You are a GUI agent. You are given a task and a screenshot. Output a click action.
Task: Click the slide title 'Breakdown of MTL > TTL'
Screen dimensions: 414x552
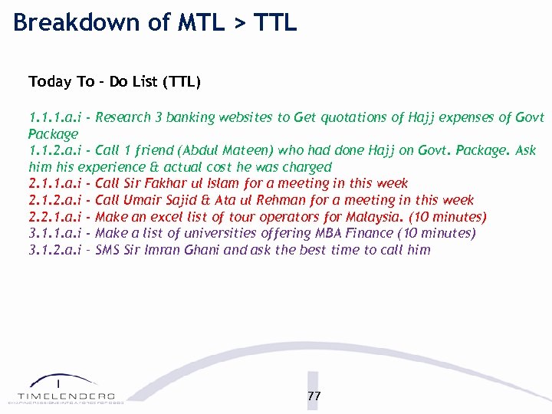tap(155, 23)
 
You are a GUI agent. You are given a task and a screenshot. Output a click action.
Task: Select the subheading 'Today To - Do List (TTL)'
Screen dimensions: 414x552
tap(114, 81)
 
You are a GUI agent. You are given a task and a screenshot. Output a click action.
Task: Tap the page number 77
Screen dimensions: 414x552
tap(314, 396)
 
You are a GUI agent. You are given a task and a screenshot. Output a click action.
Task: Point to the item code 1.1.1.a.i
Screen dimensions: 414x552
tap(55, 117)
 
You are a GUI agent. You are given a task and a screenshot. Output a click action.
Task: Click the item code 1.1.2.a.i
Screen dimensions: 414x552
tap(55, 150)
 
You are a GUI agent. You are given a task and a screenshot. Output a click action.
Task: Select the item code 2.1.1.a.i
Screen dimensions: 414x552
tap(55, 183)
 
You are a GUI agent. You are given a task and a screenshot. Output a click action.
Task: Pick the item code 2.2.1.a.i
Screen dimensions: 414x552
tap(55, 217)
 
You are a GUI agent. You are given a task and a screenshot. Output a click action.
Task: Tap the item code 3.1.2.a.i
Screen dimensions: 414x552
tap(55, 250)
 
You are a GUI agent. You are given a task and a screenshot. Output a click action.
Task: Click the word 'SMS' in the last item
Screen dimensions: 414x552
tap(108, 250)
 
